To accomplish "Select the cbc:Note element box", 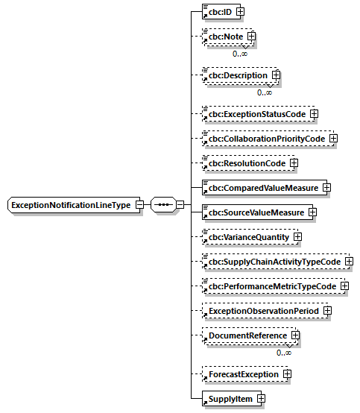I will coord(224,36).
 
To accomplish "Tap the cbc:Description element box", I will coord(237,75).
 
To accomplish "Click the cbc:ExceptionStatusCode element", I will coord(256,114).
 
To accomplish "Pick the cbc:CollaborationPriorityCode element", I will coord(265,139).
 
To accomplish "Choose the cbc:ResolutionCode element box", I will coord(245,163).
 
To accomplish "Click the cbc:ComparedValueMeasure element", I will coord(260,187).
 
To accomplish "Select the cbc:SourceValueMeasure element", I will coord(254,212).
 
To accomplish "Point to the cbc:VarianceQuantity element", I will coord(248,237).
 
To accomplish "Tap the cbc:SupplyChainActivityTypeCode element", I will coord(272,262).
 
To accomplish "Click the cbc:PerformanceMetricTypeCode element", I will coord(270,286).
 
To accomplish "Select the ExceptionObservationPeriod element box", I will coord(261,310).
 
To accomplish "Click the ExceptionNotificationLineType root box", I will coord(70,205).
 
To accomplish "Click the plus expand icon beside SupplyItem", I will coord(261,399).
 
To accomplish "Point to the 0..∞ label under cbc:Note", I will coord(239,54).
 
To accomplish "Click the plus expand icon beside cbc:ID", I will coord(240,12).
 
